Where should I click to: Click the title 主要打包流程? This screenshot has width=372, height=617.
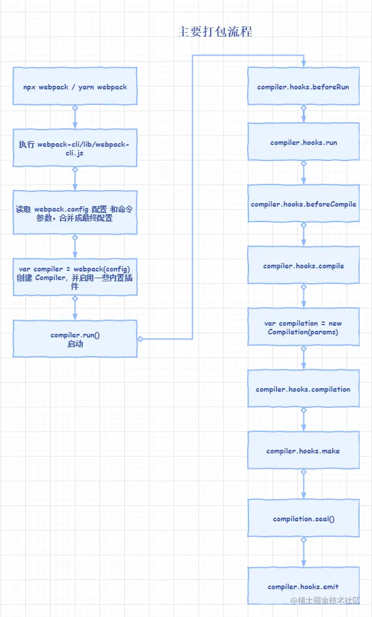pos(215,32)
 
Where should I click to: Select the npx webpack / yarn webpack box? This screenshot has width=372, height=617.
pos(75,87)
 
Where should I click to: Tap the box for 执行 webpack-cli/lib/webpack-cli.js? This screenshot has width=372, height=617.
pos(75,148)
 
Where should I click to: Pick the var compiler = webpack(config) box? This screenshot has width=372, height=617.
pos(75,278)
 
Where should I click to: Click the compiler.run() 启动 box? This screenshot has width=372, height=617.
pos(75,339)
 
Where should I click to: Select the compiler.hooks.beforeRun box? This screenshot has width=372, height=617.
pos(303,87)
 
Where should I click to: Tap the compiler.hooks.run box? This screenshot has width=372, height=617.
pos(303,143)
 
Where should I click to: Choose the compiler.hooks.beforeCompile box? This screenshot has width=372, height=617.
pos(303,204)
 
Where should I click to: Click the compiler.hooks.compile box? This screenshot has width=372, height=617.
pos(303,266)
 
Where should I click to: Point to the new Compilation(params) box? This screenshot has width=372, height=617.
pos(303,327)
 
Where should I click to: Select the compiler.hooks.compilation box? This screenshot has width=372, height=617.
pos(303,389)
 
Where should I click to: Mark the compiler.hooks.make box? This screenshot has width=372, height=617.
pos(303,451)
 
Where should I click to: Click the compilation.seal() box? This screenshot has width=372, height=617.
pos(303,518)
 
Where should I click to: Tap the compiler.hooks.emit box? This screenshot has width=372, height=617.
pos(303,586)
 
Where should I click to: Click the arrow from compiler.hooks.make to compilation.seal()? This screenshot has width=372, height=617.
pos(303,485)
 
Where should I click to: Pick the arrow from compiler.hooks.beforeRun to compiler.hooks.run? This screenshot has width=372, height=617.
pos(303,115)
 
